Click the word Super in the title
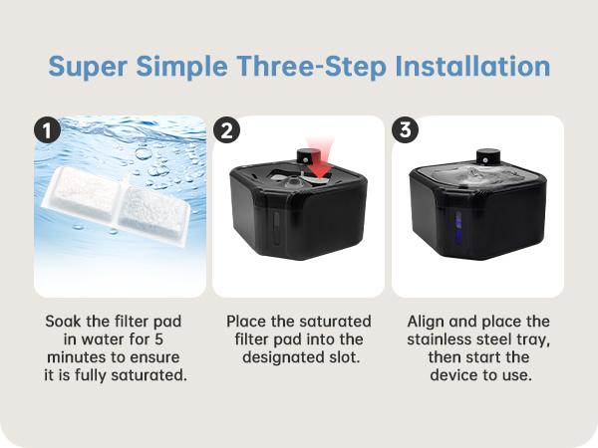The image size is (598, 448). [88, 67]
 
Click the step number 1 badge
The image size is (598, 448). [47, 130]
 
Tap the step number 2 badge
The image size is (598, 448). [226, 130]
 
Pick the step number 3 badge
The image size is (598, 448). [405, 129]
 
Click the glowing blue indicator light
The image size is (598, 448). [458, 228]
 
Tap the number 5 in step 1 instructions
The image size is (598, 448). [158, 339]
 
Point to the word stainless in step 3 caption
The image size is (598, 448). [439, 339]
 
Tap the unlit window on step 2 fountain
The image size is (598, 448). [276, 228]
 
